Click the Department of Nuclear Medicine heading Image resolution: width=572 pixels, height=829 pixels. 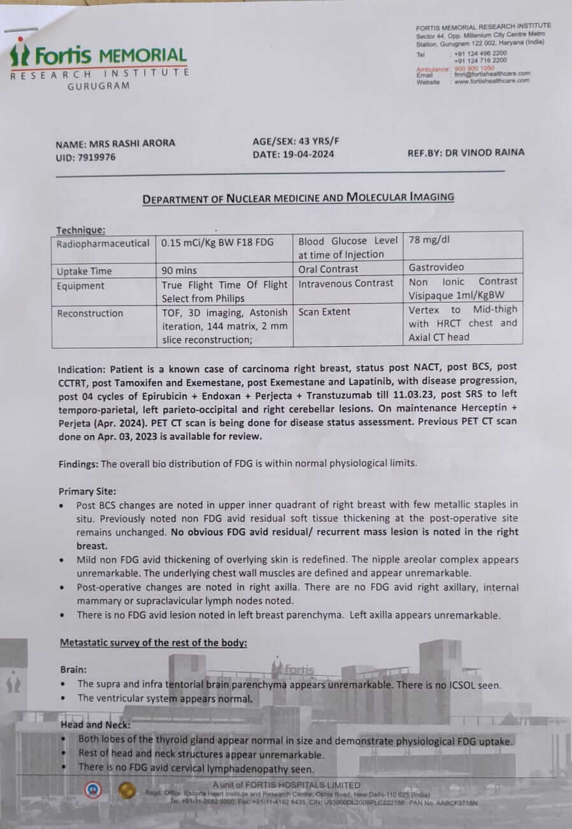(x=298, y=198)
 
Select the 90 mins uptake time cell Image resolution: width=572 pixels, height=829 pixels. (x=179, y=270)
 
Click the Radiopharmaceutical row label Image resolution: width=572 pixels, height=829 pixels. (x=103, y=244)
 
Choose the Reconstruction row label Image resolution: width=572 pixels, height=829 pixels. (x=90, y=313)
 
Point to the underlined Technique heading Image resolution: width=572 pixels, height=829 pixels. (x=81, y=230)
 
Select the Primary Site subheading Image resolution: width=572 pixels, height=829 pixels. (x=88, y=491)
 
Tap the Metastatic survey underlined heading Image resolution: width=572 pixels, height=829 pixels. (x=153, y=643)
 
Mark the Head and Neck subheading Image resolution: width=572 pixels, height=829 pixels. (x=96, y=725)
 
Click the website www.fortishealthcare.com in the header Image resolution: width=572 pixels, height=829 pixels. (x=492, y=81)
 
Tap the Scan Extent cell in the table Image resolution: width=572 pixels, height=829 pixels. (x=324, y=312)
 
